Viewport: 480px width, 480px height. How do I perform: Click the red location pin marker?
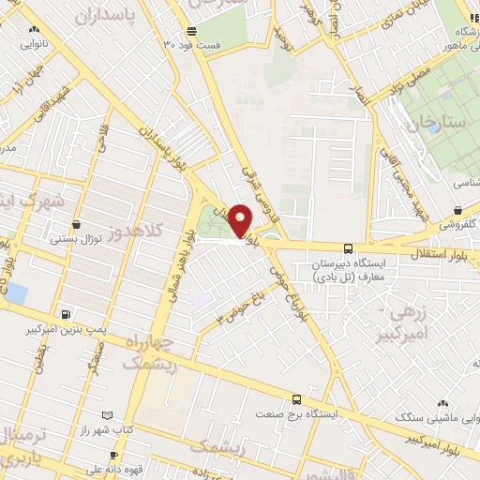(x=241, y=220)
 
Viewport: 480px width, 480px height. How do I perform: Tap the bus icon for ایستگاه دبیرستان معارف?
(x=349, y=248)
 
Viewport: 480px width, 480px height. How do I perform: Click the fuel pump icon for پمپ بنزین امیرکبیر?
(x=64, y=315)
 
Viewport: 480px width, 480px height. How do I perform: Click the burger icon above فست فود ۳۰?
(x=191, y=30)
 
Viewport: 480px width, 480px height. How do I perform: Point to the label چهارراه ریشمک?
(x=149, y=351)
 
